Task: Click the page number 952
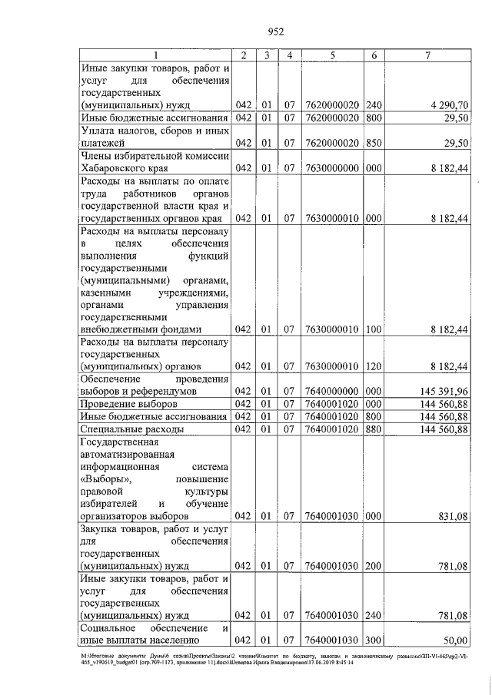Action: tap(276, 31)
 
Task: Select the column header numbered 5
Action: tap(334, 55)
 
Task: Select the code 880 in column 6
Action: tap(374, 429)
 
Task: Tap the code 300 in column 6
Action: tap(374, 640)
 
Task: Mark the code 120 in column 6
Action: tap(374, 366)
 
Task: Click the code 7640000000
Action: tap(332, 391)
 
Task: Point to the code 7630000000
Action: tap(332, 167)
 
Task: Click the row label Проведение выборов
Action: tap(128, 404)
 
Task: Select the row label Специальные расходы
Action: tap(131, 429)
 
